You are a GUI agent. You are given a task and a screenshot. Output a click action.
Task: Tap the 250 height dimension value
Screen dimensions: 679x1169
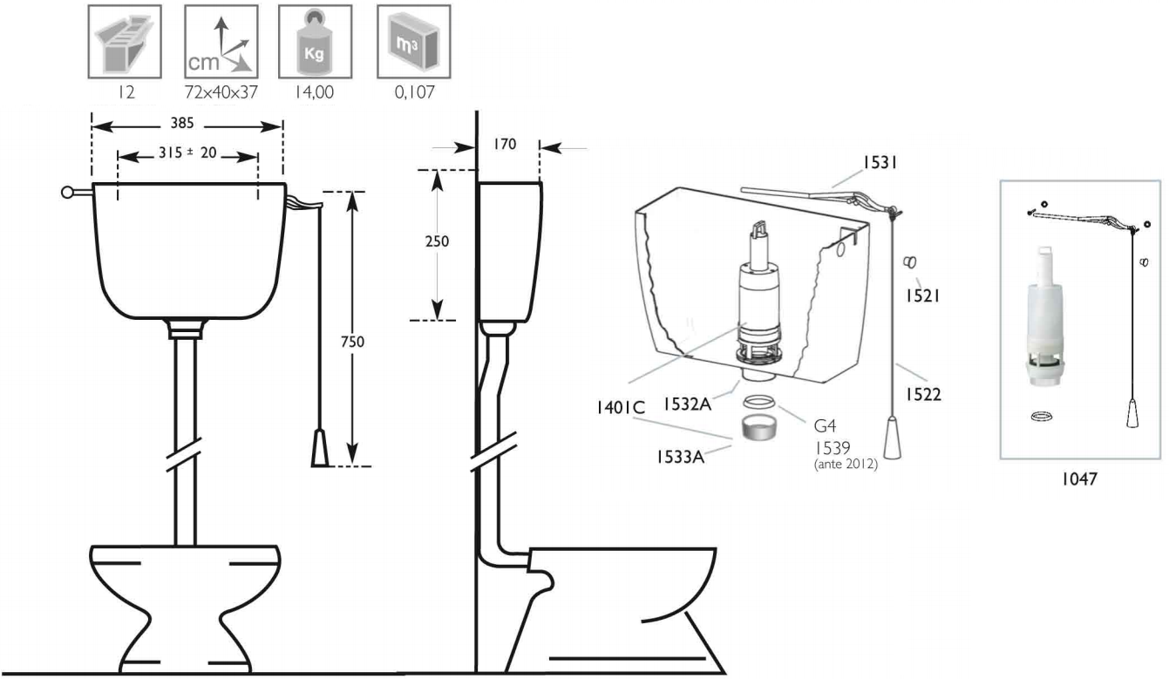coord(437,241)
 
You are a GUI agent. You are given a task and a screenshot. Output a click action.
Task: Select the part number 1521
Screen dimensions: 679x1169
coord(920,296)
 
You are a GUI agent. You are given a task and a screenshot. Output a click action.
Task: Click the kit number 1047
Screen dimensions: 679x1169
coord(1082,478)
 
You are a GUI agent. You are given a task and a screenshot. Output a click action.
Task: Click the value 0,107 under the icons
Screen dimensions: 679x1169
coord(414,93)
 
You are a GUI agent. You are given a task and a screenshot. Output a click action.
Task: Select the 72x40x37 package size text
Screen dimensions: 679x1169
coord(221,93)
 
